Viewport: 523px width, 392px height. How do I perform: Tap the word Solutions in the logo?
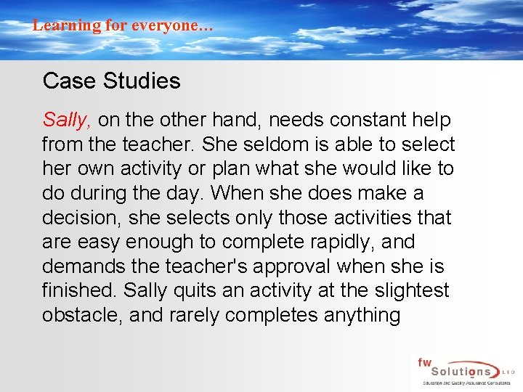pos(458,370)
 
